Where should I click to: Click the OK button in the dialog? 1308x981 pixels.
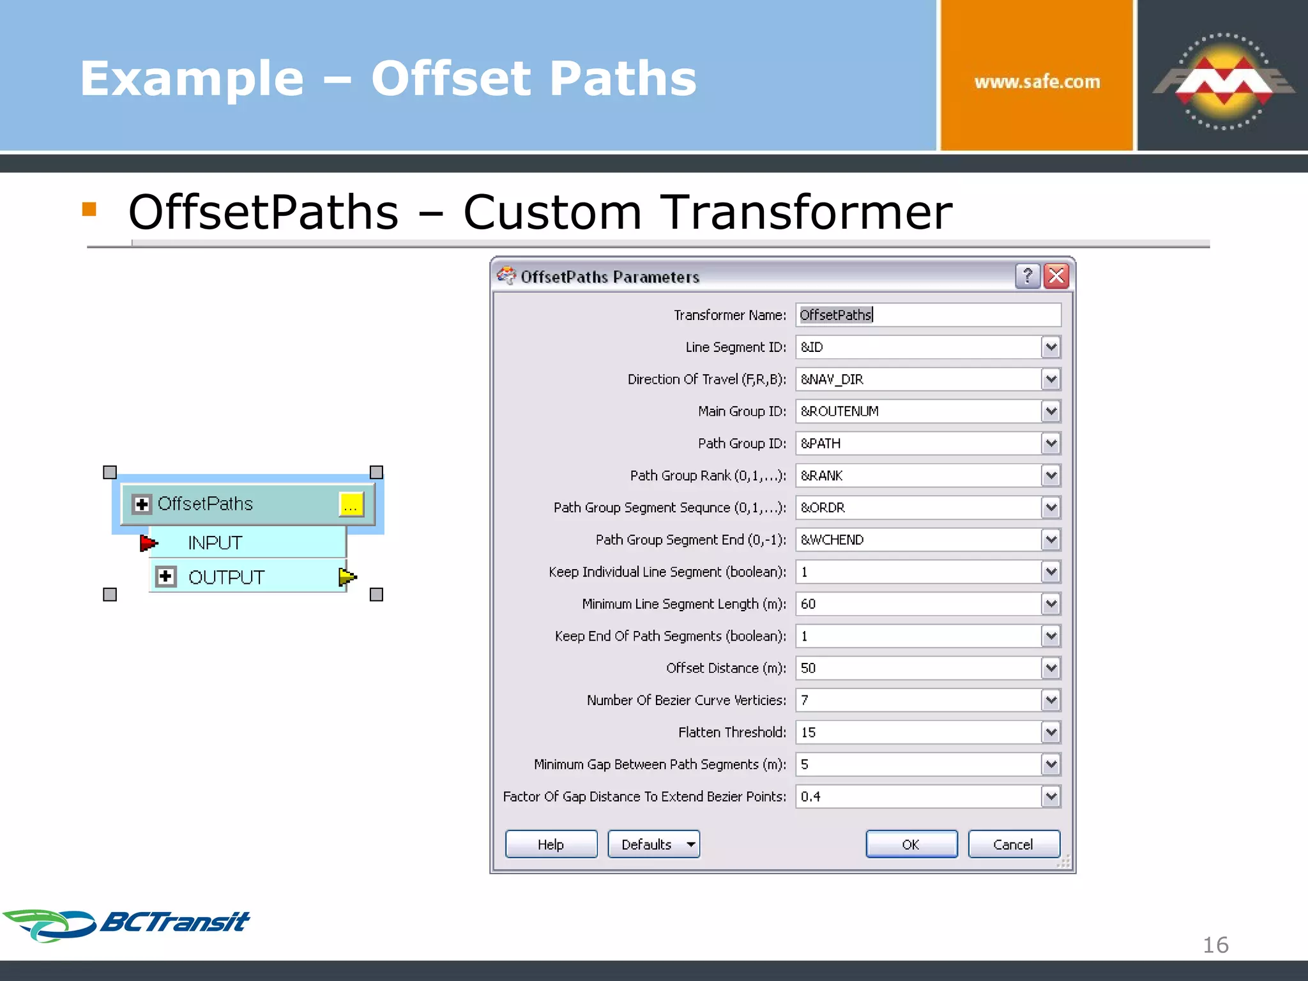coord(911,844)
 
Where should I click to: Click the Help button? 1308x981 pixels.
coord(551,844)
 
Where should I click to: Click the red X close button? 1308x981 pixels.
coord(1056,277)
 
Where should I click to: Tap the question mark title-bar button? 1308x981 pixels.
coord(1028,277)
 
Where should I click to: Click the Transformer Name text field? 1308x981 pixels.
coord(928,315)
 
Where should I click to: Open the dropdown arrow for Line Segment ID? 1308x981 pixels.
coord(1051,347)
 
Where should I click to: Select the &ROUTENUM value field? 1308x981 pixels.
coord(918,411)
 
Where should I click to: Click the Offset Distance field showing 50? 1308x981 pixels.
coord(918,668)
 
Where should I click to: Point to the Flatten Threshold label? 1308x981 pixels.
coord(732,733)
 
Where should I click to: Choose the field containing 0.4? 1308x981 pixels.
coord(918,796)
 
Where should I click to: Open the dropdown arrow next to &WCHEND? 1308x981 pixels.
coord(1051,540)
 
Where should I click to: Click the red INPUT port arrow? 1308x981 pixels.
coord(148,543)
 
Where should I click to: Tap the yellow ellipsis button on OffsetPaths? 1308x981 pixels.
coord(351,505)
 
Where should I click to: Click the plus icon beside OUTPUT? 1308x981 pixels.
coord(166,577)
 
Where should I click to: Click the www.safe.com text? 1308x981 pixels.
coord(1037,82)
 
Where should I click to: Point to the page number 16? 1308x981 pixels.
coord(1215,945)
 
